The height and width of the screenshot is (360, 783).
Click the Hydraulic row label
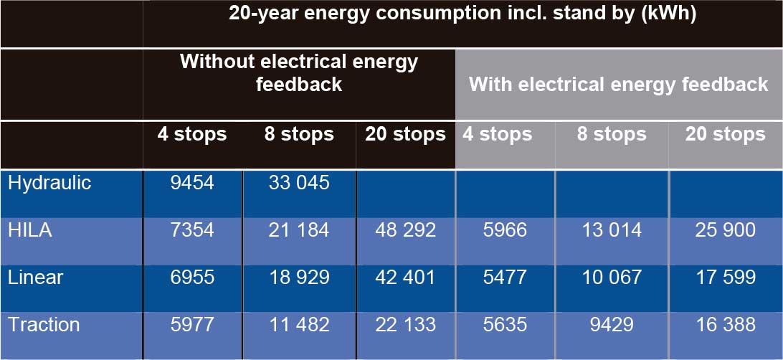tap(49, 183)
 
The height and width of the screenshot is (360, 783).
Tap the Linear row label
tap(36, 278)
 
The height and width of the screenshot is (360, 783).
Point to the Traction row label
tap(44, 325)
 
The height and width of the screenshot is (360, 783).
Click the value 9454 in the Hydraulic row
tap(192, 183)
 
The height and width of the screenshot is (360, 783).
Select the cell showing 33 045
tap(298, 183)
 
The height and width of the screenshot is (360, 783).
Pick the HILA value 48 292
tap(405, 230)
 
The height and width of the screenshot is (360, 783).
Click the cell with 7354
tap(192, 230)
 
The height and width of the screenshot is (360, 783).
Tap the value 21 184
tap(298, 230)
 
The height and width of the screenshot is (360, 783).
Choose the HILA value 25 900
tap(725, 230)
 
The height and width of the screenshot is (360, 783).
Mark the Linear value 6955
tap(192, 278)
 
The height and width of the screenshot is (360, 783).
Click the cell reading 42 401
tap(405, 278)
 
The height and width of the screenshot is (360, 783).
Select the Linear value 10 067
tap(612, 278)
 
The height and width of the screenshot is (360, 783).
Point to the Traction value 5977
tap(192, 325)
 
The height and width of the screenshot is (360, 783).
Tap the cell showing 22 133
tap(405, 325)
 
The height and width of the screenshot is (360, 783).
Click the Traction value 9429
tap(612, 325)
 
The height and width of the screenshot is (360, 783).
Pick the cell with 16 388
tap(725, 325)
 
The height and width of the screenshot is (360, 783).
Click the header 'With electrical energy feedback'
tap(618, 85)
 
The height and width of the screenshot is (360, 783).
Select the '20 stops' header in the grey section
tap(725, 135)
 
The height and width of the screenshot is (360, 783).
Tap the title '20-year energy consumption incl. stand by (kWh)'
tap(462, 15)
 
